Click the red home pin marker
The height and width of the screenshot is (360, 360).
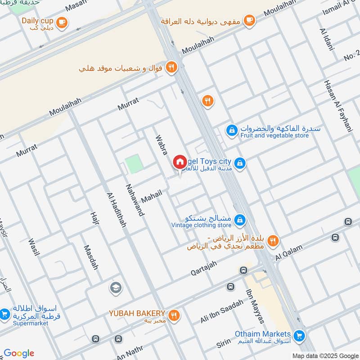(180, 162)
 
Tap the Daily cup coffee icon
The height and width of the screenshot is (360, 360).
(62, 22)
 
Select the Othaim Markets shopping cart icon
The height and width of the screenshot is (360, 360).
(298, 336)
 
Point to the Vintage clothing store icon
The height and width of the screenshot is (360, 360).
(240, 219)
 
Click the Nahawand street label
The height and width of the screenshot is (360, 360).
(135, 200)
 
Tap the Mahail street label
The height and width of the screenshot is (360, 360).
(151, 196)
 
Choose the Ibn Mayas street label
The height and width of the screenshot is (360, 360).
(254, 305)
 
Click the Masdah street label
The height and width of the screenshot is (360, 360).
(90, 257)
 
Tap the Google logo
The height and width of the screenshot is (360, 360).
(19, 353)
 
